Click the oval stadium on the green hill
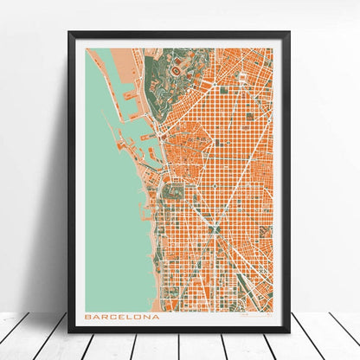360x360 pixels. pos(177,67)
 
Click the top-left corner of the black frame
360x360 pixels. pos(70,34)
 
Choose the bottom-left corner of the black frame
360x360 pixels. pos(70,332)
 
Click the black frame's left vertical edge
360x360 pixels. pos(71,182)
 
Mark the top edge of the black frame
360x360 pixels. pos(180,35)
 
